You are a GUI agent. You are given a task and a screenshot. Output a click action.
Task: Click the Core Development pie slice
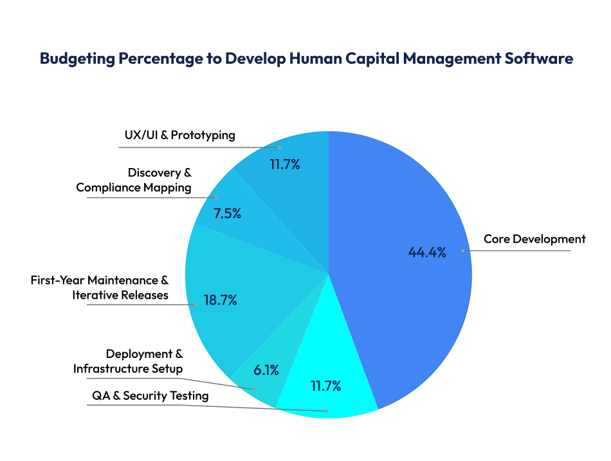pos(399,309)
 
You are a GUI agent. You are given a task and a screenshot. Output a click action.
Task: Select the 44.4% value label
pos(427,252)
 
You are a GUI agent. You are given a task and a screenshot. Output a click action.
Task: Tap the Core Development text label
pos(534,239)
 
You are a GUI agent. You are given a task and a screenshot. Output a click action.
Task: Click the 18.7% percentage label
pos(221,300)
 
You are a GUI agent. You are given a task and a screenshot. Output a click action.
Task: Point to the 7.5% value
pos(228,214)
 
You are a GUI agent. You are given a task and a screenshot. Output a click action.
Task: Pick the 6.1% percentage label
pos(266,370)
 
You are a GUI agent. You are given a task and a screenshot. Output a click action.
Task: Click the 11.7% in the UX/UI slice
pos(285,164)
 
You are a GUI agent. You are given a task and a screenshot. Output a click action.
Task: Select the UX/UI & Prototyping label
pos(179,135)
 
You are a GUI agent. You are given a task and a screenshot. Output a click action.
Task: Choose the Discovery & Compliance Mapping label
pos(134,180)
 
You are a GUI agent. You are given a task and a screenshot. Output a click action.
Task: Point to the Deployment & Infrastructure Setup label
pos(128,361)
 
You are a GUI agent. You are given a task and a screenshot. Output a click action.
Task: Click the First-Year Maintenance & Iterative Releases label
pos(100,288)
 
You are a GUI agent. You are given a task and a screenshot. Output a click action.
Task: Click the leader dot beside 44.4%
pos(462,250)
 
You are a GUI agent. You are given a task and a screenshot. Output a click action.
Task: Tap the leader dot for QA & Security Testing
pos(327,410)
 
